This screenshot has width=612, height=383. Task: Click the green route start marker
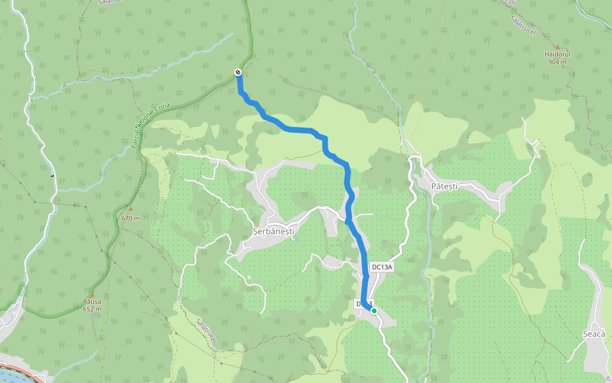point(374,311)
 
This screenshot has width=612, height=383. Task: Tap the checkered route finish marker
point(238,72)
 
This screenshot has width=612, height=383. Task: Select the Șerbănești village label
point(272,231)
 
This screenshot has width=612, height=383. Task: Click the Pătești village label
point(444,186)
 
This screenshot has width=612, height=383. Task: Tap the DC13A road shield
point(381,267)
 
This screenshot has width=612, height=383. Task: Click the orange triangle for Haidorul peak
point(557,47)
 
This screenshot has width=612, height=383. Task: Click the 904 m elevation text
point(557,63)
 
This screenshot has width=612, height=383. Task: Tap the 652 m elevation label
point(92,309)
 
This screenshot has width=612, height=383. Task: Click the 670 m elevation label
point(130,218)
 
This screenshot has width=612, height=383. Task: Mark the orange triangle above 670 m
point(130,209)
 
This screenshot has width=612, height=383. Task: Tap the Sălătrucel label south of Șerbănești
point(207,332)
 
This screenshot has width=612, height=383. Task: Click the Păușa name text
point(92,301)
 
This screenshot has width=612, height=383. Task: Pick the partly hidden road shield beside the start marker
point(361,304)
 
